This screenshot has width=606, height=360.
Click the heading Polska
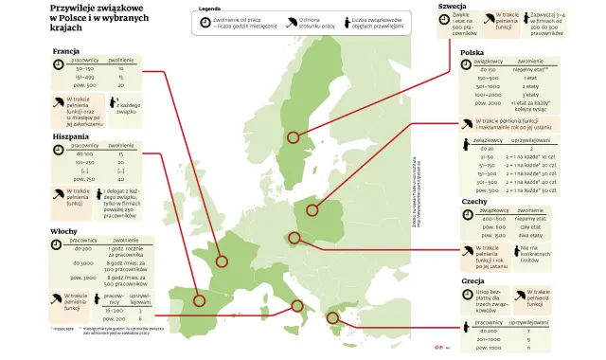[x=472, y=53]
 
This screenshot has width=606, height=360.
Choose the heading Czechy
[x=473, y=202]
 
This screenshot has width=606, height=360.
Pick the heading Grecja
[x=472, y=281]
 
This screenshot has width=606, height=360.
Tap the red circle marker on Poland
[x=316, y=211]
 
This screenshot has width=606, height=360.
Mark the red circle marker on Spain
[x=200, y=300]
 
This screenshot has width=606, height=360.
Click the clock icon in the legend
[x=206, y=23]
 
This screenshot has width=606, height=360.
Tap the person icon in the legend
[x=345, y=24]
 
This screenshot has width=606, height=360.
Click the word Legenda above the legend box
[x=209, y=9]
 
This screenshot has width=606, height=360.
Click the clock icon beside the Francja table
[x=59, y=65]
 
